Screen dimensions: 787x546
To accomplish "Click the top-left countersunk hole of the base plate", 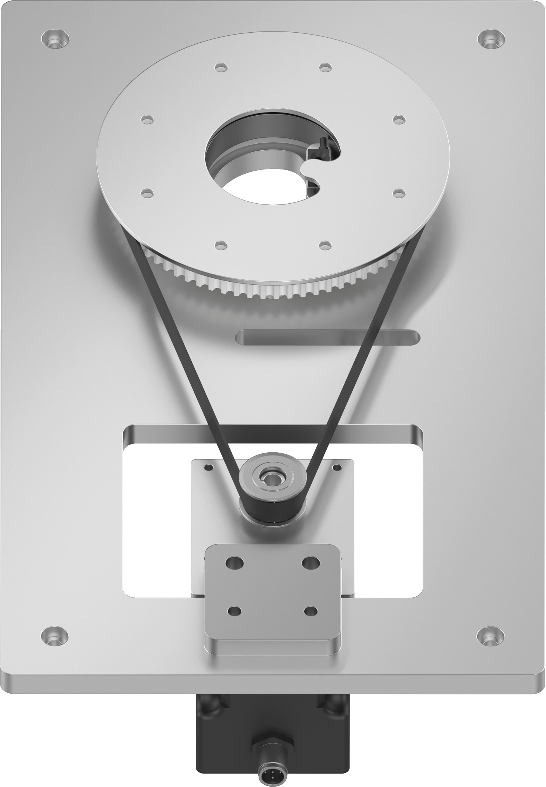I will coord(55,39).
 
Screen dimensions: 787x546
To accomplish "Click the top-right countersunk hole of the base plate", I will coord(491,39).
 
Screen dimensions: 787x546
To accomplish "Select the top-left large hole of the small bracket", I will coord(235,563).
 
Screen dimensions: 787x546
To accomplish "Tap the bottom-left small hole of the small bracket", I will coord(234,611).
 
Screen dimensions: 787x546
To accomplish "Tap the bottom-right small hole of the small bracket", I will coord(311,611).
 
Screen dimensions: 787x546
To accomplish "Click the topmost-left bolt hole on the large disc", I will coord(221,67).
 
